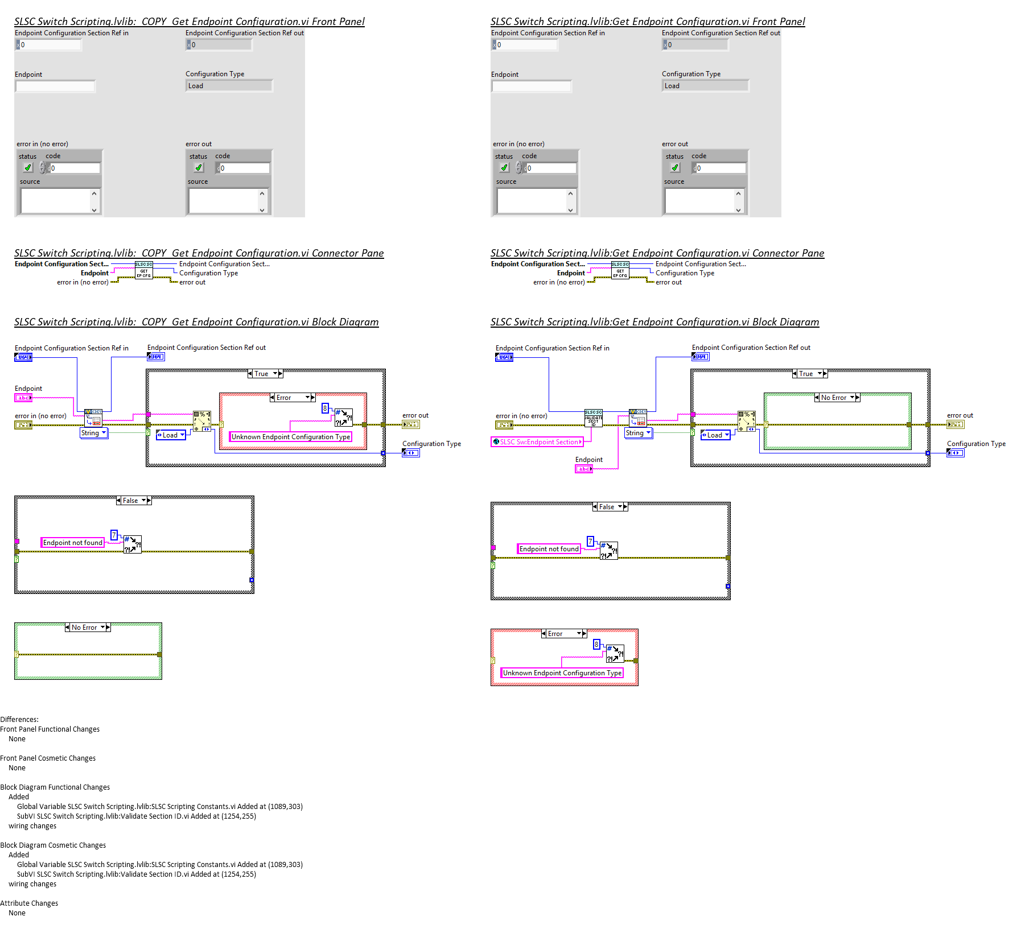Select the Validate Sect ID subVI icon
[x=593, y=418]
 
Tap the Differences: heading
[x=19, y=719]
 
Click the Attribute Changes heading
[x=29, y=903]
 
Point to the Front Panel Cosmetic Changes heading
[x=48, y=758]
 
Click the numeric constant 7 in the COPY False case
[x=114, y=535]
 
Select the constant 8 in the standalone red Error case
[x=596, y=644]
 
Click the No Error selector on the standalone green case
[x=84, y=628]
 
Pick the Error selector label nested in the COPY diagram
[x=284, y=398]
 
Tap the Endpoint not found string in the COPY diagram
[x=73, y=543]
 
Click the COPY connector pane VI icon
[x=143, y=270]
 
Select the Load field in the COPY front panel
[x=229, y=86]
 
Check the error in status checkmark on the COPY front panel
[x=28, y=168]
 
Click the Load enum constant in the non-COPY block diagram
[x=715, y=435]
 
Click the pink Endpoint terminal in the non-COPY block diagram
[x=584, y=469]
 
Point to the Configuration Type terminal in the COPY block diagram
[x=411, y=453]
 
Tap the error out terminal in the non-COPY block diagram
[x=955, y=424]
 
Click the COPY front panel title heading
[x=189, y=22]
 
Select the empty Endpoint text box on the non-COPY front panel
[x=532, y=86]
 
